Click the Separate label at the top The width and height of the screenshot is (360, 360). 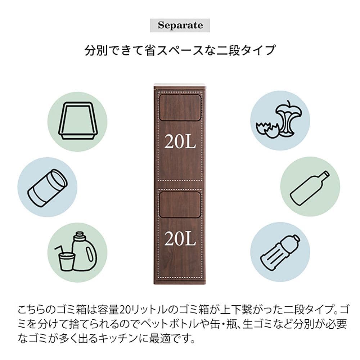pyautogui.click(x=180, y=26)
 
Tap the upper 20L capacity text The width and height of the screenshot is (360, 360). pyautogui.click(x=180, y=141)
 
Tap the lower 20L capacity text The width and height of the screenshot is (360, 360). pyautogui.click(x=180, y=238)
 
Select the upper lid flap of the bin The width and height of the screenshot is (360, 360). pyautogui.click(x=180, y=107)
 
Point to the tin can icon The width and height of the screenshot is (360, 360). pyautogui.click(x=47, y=187)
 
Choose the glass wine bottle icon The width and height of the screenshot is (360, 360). pyautogui.click(x=310, y=188)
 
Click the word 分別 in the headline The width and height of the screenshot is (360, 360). pyautogui.click(x=94, y=50)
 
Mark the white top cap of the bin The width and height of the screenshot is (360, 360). pyautogui.click(x=180, y=85)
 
